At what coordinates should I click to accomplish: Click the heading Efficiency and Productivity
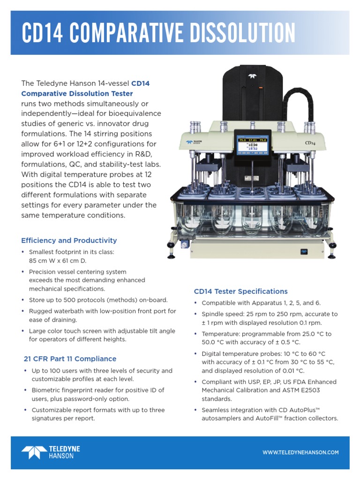coord(69,240)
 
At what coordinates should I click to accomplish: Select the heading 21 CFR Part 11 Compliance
coord(70,359)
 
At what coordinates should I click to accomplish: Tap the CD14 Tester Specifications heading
coord(240,291)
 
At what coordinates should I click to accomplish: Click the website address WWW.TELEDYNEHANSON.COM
coord(300,452)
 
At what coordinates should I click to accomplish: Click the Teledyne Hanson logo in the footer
coord(51,452)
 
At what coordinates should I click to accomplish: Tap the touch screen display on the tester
coord(253,146)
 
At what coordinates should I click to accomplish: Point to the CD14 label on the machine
coord(309,142)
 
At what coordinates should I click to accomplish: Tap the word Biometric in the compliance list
coord(46,390)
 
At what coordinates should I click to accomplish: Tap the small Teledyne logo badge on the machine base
coord(304,252)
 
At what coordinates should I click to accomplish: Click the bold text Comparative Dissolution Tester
coord(77,93)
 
